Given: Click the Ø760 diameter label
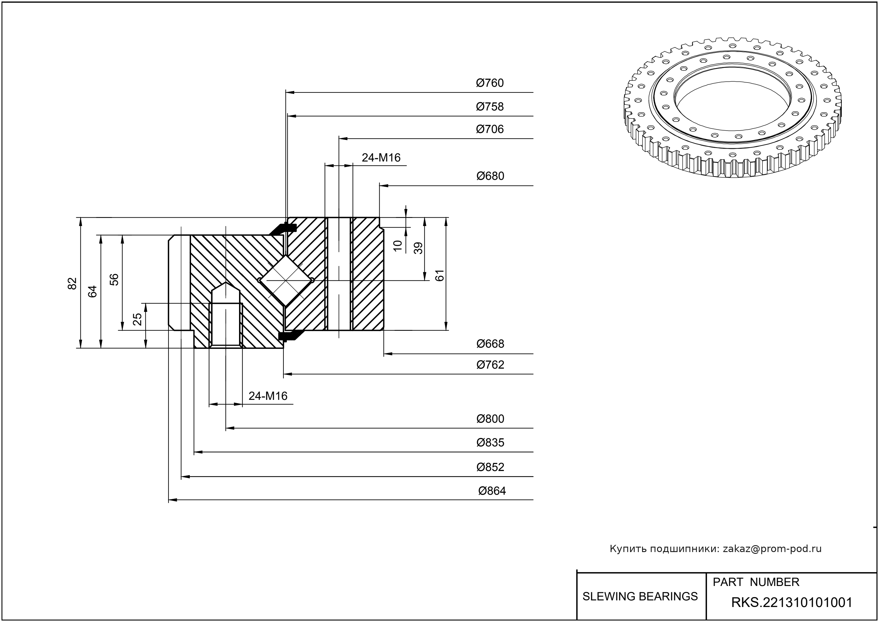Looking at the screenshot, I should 490,83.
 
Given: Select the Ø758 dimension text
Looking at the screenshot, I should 490,107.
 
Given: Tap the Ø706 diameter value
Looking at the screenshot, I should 490,129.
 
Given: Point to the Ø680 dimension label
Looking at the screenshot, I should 490,176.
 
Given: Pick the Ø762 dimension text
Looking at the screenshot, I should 490,365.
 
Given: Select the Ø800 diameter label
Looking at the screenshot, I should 490,419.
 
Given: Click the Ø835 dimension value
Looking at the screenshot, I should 490,443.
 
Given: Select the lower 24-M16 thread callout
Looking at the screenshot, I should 268,396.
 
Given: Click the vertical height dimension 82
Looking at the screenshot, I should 72,283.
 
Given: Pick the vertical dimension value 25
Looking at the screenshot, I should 137,319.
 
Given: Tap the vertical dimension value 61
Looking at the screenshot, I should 440,275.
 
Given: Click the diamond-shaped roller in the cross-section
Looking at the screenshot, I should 286,280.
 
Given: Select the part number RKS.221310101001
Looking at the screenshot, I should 792,602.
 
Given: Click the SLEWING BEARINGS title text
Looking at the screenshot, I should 640,596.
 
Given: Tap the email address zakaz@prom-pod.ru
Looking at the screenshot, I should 772,549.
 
